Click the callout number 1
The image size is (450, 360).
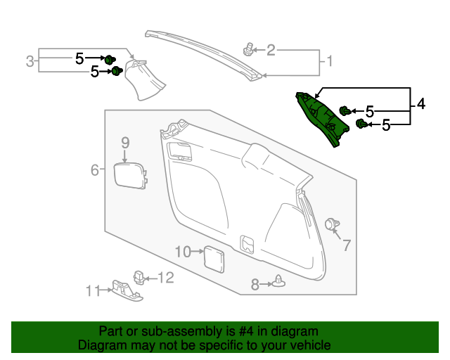tap(330, 61)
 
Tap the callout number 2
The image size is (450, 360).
tap(271, 50)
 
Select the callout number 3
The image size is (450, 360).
tap(30, 61)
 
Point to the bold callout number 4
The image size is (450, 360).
tap(420, 103)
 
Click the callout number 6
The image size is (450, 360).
tap(95, 170)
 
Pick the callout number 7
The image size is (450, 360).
tap(347, 245)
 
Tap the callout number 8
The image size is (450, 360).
tap(255, 285)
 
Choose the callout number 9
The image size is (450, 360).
tap(125, 143)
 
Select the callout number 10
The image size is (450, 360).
tap(183, 252)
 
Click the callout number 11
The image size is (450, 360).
tap(93, 291)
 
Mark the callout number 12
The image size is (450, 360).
tap(166, 278)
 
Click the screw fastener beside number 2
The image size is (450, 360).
tap(248, 49)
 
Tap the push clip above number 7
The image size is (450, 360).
tap(332, 224)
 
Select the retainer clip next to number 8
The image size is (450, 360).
tap(278, 281)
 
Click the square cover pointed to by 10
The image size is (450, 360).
tap(214, 259)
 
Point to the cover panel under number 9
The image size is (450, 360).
tap(130, 176)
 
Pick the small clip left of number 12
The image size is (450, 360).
tap(139, 278)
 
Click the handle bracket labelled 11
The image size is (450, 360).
tap(127, 290)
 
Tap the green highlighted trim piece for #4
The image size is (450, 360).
tap(321, 117)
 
